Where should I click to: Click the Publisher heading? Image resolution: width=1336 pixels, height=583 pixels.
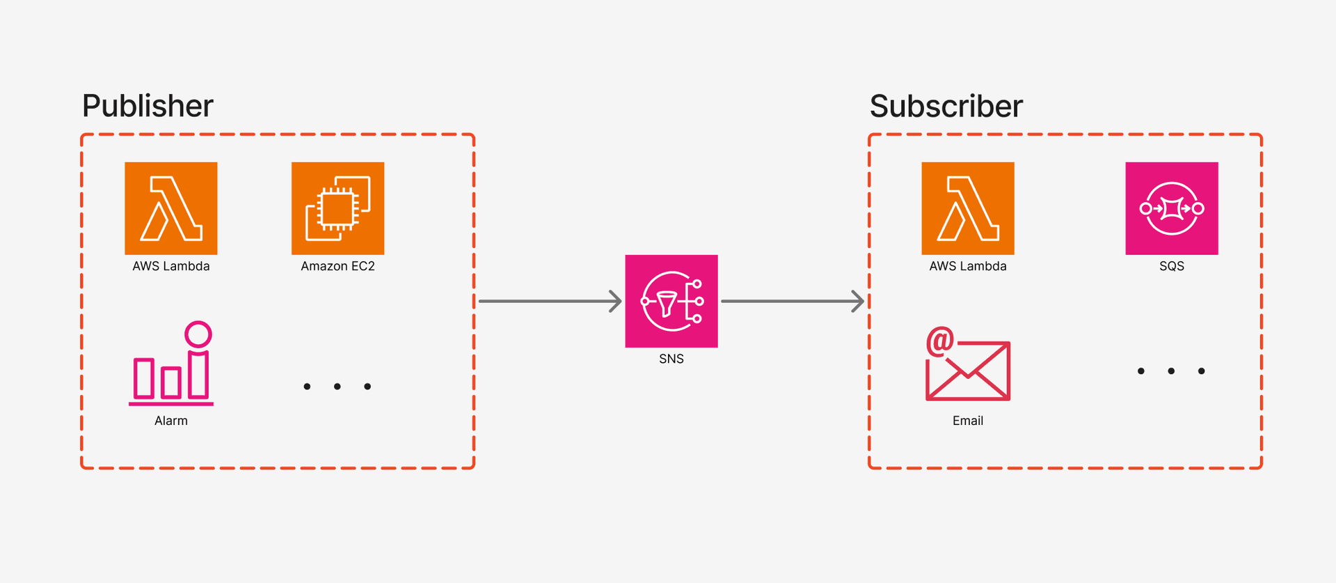[x=148, y=106]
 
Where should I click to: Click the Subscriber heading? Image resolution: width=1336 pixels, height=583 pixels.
[x=946, y=106]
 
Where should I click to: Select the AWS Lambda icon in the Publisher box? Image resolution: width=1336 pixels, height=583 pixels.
[x=171, y=208]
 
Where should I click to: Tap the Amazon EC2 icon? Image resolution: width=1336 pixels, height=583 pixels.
[x=337, y=208]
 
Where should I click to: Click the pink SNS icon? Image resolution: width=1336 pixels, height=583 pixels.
[x=671, y=301]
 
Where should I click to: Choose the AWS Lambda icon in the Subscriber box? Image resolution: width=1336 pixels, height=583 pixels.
[x=968, y=208]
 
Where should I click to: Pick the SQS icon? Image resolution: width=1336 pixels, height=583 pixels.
[x=1172, y=208]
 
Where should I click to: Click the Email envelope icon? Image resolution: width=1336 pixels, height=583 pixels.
[x=968, y=369]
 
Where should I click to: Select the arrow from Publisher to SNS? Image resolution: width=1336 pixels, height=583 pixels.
[x=550, y=301]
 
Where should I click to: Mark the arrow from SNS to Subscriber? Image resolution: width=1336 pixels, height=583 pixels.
[x=793, y=301]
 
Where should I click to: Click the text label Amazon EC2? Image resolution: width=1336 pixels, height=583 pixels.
[x=337, y=266]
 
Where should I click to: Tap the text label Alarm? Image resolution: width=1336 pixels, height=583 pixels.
[x=171, y=421]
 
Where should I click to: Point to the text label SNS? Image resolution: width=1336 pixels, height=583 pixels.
[x=671, y=359]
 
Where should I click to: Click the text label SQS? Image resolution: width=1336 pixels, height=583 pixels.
[x=1172, y=266]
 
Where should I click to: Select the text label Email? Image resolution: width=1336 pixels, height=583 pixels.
[x=968, y=421]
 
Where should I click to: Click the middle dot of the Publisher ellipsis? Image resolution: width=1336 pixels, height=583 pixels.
[x=337, y=387]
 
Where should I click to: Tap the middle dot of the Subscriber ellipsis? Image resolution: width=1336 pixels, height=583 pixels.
[x=1171, y=371]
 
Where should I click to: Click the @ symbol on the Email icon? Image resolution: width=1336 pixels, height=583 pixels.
[x=939, y=341]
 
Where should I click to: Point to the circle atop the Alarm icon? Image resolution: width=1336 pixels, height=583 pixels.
[x=198, y=334]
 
